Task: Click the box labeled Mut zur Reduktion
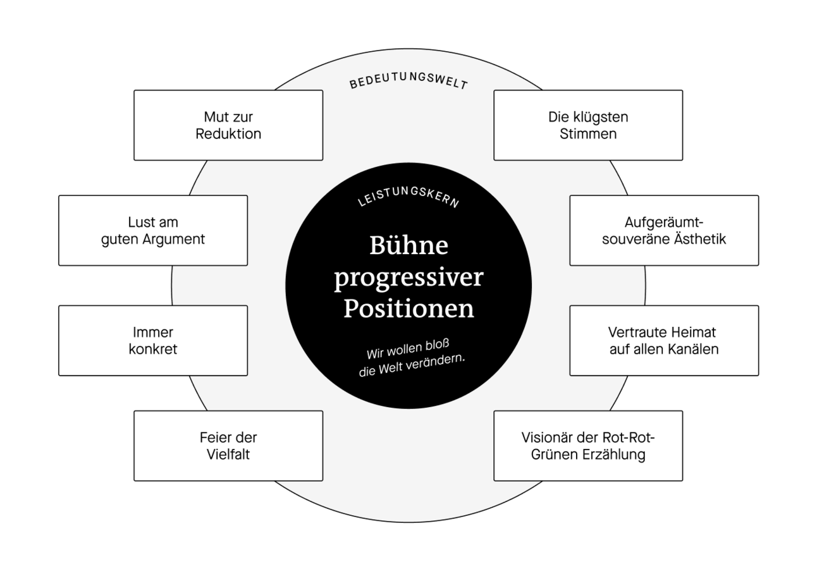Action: (x=228, y=125)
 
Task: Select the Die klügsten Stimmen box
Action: (x=587, y=125)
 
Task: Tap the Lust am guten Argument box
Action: (x=152, y=230)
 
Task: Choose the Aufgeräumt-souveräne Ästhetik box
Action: (x=663, y=230)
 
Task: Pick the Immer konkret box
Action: (x=152, y=340)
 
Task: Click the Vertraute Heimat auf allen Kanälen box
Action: (x=663, y=340)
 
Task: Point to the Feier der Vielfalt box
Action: (x=228, y=446)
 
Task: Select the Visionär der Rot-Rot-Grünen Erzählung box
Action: (x=587, y=446)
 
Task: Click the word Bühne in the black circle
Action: (x=408, y=245)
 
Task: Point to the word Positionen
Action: (x=408, y=309)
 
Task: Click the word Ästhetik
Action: (x=699, y=240)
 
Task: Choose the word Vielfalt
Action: (x=228, y=455)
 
